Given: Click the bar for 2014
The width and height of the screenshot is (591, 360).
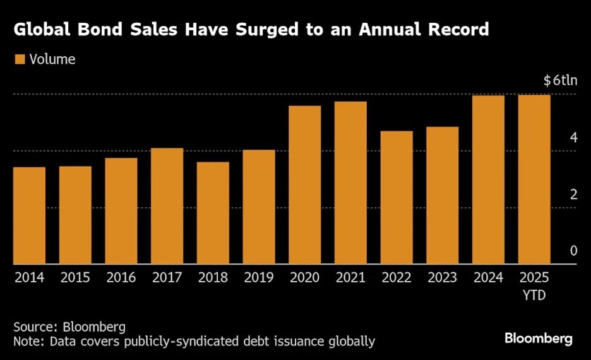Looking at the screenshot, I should click(x=29, y=215).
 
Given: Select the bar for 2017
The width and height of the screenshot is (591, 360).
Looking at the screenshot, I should click(x=167, y=206).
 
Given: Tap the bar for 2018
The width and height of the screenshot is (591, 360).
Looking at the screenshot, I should click(x=213, y=213).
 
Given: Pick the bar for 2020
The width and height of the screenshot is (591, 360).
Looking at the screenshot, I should click(x=304, y=185).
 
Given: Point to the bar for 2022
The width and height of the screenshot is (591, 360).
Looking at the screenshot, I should click(x=397, y=198).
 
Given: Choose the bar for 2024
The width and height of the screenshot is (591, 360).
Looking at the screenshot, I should click(x=488, y=180).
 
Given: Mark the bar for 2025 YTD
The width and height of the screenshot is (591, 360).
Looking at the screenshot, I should click(x=534, y=179).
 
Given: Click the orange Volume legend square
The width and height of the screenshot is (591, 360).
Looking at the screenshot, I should click(x=19, y=59).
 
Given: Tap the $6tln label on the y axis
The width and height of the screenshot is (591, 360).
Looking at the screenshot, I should click(x=560, y=81).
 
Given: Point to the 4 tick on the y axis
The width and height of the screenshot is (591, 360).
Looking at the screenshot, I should click(x=573, y=138).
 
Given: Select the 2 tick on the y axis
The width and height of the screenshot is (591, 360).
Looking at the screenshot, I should click(x=573, y=195).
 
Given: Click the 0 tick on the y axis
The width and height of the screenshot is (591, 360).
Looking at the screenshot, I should click(x=573, y=251).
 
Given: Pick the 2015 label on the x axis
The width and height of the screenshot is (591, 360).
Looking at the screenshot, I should click(x=75, y=278).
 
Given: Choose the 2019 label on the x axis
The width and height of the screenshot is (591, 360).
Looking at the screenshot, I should click(x=259, y=278).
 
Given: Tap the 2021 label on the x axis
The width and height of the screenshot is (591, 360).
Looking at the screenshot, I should click(x=350, y=278).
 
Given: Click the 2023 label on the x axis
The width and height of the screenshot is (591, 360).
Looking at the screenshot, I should click(x=442, y=278).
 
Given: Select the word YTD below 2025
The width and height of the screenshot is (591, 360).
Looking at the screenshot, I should click(x=534, y=294).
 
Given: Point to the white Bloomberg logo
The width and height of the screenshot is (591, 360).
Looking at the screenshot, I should click(x=539, y=339).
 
